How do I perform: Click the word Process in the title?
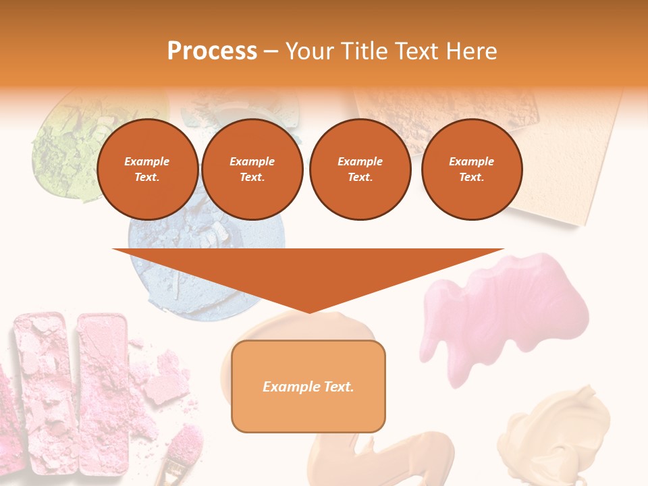[212, 51]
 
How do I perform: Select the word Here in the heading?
[470, 51]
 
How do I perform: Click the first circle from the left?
[147, 169]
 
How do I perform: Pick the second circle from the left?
[252, 169]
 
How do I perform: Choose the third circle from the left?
[360, 169]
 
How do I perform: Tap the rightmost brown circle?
[471, 169]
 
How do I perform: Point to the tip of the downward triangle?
[309, 312]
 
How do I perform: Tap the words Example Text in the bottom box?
[308, 387]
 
